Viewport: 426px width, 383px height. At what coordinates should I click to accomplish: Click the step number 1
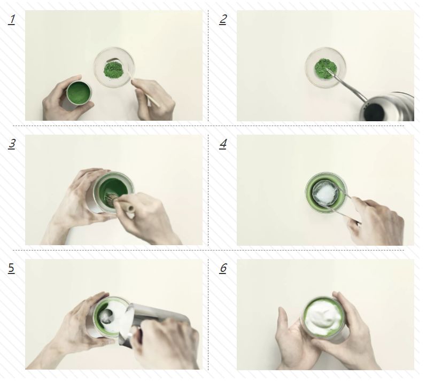pyautogui.click(x=12, y=20)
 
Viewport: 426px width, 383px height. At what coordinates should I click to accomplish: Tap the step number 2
pyautogui.click(x=223, y=20)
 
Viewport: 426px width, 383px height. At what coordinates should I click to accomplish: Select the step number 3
pyautogui.click(x=12, y=144)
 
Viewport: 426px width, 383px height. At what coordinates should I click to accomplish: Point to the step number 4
pyautogui.click(x=223, y=144)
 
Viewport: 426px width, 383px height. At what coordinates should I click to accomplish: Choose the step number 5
pyautogui.click(x=11, y=268)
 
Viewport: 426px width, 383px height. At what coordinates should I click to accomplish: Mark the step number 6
pyautogui.click(x=223, y=268)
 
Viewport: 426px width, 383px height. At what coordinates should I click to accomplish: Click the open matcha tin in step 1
pyautogui.click(x=79, y=93)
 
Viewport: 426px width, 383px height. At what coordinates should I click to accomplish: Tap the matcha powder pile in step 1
pyautogui.click(x=114, y=70)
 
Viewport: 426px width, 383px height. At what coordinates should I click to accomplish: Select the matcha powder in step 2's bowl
pyautogui.click(x=325, y=69)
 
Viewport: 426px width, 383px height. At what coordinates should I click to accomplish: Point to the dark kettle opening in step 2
pyautogui.click(x=374, y=112)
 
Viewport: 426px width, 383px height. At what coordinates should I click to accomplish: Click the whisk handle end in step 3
pyautogui.click(x=130, y=209)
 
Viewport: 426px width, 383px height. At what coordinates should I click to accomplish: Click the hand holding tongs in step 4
pyautogui.click(x=376, y=221)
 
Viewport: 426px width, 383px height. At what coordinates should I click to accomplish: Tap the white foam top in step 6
pyautogui.click(x=323, y=315)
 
